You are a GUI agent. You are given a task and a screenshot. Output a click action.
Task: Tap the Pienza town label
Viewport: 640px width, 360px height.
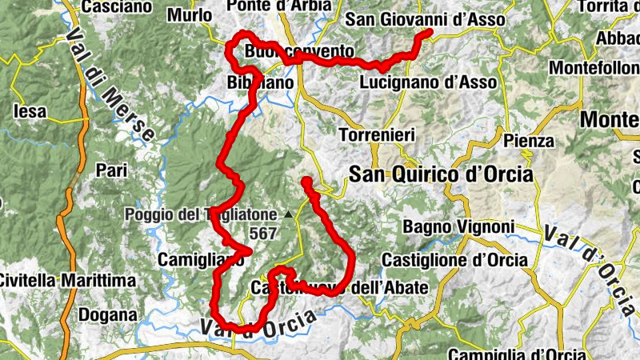point(529,141)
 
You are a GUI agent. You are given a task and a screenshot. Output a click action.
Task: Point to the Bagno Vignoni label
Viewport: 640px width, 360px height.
point(458,227)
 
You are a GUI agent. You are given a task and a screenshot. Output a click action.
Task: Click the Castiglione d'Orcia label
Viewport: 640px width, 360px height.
point(454,260)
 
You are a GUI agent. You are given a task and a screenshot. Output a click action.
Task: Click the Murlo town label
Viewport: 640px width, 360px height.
point(190,14)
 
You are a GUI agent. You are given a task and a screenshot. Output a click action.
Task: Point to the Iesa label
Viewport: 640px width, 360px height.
point(31,111)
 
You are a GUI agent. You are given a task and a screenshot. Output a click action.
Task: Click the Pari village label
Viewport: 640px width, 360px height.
point(111,170)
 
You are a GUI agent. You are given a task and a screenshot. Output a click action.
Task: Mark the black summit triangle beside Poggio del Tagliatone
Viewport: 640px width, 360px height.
point(288,214)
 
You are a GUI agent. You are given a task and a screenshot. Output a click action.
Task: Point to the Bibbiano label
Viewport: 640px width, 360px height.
point(256,82)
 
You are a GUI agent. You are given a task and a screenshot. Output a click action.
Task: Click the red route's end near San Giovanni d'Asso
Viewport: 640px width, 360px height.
point(428,34)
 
